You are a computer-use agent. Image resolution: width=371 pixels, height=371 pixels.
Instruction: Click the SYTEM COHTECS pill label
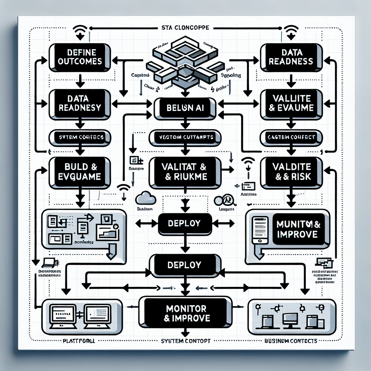coord(80,138)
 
